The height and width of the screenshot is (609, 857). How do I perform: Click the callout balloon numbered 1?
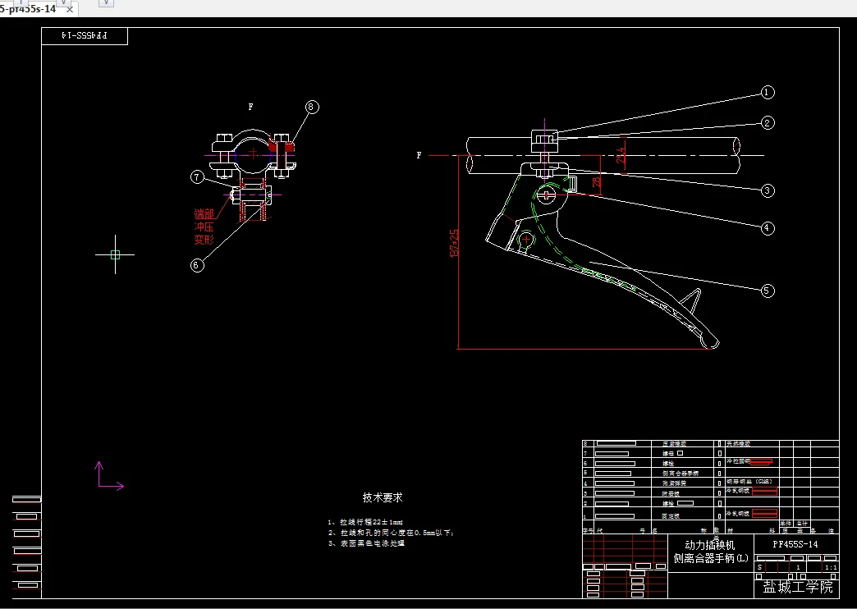(768, 93)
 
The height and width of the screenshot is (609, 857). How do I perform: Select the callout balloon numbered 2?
(768, 123)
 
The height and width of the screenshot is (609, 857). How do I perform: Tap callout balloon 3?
(768, 190)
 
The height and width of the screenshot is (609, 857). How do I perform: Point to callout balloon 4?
(768, 227)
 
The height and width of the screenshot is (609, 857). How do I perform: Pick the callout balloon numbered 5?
(768, 290)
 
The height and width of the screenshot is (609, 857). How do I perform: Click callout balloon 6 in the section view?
(197, 264)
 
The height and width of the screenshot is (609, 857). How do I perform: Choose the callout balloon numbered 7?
(197, 176)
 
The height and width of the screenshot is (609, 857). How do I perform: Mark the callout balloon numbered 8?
(312, 107)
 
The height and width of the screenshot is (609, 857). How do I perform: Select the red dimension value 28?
(597, 181)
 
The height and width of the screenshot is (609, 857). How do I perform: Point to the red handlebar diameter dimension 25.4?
(621, 154)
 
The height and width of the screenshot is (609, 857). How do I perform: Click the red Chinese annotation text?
(204, 227)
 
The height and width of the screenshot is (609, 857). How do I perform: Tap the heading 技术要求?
(383, 497)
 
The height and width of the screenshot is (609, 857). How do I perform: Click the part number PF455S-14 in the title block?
(795, 544)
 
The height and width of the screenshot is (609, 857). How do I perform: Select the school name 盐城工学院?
(798, 587)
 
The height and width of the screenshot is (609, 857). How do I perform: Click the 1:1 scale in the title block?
(830, 566)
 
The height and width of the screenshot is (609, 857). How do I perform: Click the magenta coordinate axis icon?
(107, 478)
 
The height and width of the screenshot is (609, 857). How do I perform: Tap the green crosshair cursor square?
(115, 254)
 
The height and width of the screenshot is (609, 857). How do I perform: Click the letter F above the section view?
(250, 107)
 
